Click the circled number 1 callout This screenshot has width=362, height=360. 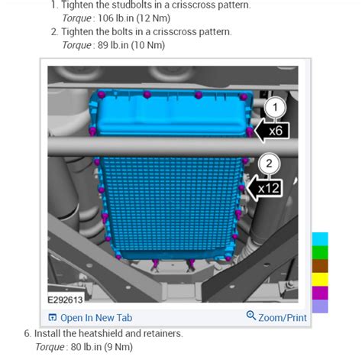click(275, 108)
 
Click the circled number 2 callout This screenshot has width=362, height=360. click(269, 164)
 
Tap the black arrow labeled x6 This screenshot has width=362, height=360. click(272, 131)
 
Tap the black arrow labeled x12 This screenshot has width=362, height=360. click(264, 188)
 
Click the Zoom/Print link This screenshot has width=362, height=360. click(283, 318)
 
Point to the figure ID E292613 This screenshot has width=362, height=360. click(66, 300)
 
